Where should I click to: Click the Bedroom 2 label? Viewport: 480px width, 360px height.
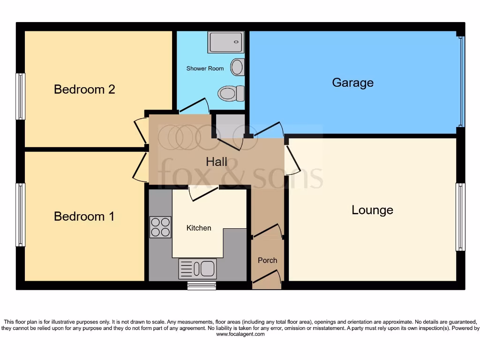(x=84, y=89)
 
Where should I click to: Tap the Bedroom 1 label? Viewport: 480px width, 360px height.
(x=84, y=216)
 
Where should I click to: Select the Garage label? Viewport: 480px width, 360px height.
(x=352, y=82)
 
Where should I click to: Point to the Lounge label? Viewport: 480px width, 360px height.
(x=372, y=210)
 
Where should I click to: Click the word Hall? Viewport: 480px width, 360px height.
(x=217, y=162)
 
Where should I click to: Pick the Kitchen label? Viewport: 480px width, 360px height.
(x=199, y=228)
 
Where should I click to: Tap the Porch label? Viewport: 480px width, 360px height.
(x=268, y=260)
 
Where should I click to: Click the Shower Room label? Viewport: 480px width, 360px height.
(x=205, y=68)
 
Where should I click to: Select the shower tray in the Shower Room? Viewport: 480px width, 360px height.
(x=226, y=42)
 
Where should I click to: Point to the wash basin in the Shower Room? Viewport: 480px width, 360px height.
(x=238, y=67)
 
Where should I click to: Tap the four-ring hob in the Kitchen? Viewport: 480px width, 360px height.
(x=160, y=227)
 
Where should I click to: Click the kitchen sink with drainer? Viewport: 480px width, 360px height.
(x=197, y=269)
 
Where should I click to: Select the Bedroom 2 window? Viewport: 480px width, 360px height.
(x=20, y=96)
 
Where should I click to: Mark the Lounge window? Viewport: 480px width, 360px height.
(x=460, y=217)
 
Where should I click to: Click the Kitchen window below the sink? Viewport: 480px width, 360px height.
(x=202, y=285)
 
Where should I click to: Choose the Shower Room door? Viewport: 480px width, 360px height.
(x=194, y=106)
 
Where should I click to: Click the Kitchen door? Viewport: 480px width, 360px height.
(x=203, y=193)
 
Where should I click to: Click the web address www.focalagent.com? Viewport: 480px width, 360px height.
(x=240, y=334)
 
